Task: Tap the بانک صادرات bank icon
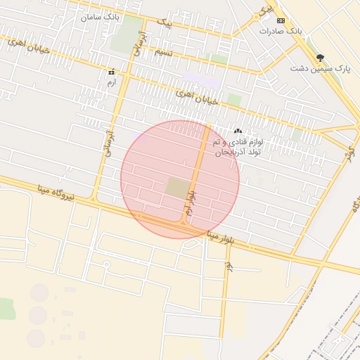click(x=281, y=20)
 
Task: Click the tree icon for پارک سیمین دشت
click(x=321, y=58)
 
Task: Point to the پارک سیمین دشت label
click(x=322, y=69)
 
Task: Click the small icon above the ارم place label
click(x=111, y=72)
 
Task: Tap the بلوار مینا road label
click(x=230, y=238)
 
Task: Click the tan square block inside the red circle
click(x=176, y=188)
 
